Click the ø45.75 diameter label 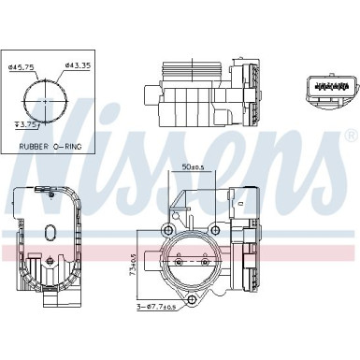point(20,66)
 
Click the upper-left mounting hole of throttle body point(169,230)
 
